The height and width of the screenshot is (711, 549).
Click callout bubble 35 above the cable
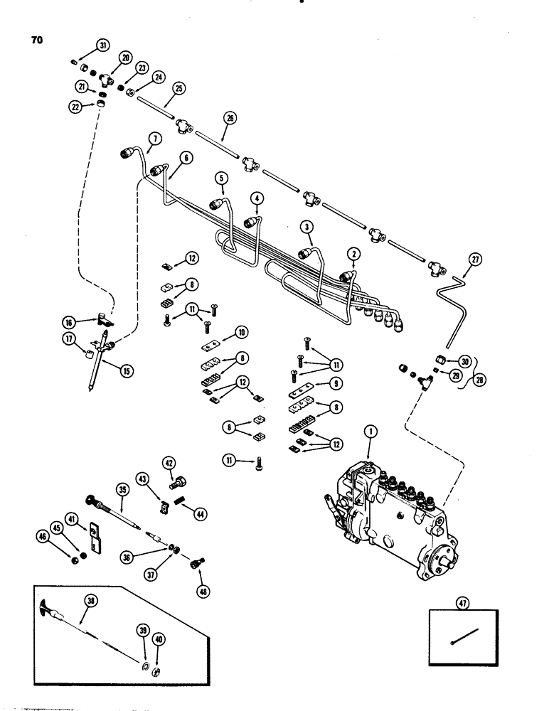[122, 490]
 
